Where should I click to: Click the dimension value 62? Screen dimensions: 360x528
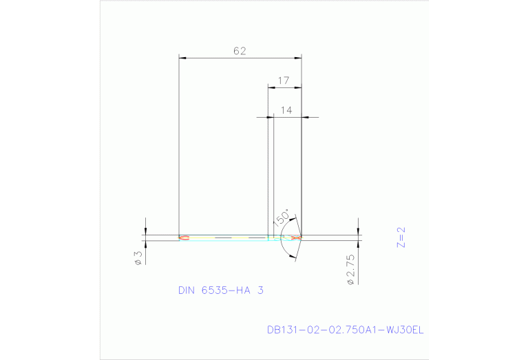coord(240,51)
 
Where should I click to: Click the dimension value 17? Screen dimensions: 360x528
coord(283,81)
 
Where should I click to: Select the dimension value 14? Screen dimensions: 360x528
coord(286,110)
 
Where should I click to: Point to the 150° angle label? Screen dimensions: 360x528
coord(281,218)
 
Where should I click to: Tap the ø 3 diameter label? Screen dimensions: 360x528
coord(138,257)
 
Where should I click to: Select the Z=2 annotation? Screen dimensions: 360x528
coord(402,237)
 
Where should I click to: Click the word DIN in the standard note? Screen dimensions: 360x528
coord(186,290)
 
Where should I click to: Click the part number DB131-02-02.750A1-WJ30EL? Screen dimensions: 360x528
coord(345,330)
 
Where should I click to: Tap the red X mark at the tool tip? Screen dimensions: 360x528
coord(296,238)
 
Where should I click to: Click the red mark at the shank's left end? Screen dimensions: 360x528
coord(183,238)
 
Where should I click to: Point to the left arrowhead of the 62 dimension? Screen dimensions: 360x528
coord(182,57)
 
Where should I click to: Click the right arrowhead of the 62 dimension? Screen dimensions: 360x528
coord(298,57)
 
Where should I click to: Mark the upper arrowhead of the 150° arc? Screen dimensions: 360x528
coord(294,222)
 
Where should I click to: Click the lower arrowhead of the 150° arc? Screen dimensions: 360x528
coord(294,256)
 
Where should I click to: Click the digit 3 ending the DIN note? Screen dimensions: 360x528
coord(260,290)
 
